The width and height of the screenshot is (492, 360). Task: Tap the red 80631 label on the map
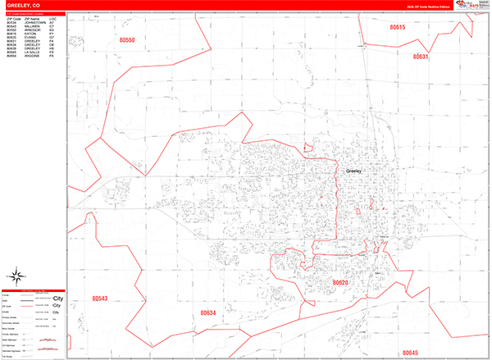coord(420,57)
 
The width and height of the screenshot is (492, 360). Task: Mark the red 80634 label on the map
coord(208,313)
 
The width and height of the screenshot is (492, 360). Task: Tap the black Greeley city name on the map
coord(354,171)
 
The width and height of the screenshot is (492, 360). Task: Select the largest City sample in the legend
coord(57,298)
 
